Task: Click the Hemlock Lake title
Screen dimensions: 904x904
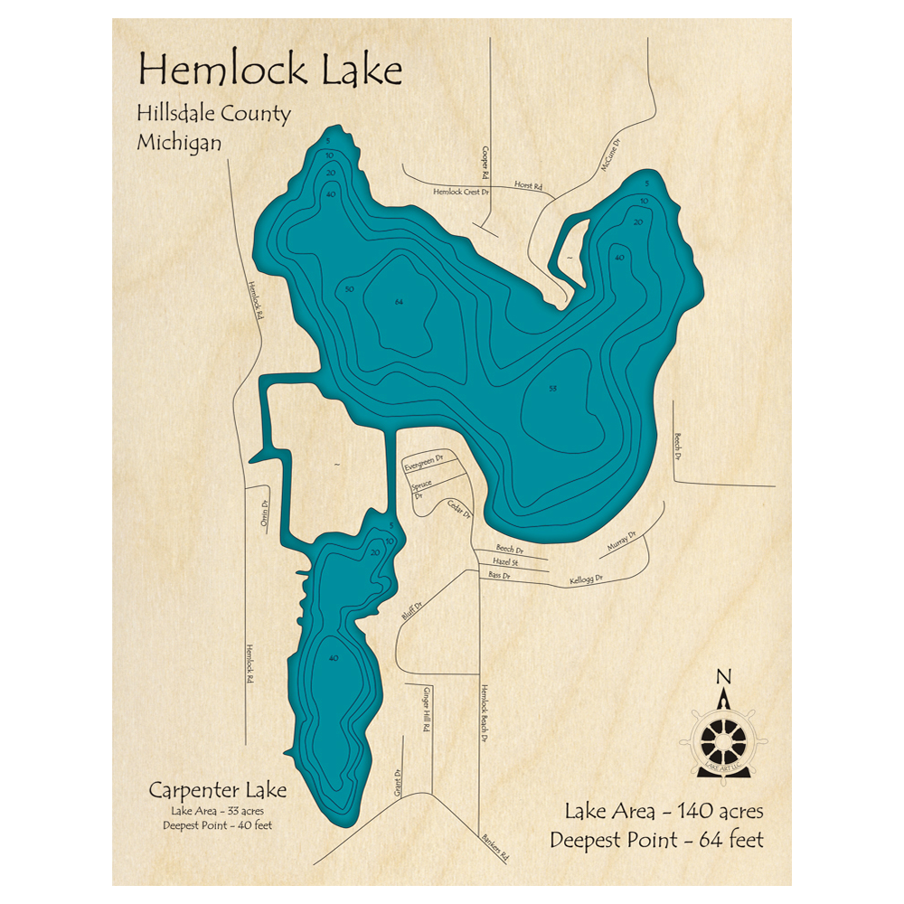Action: coord(269,69)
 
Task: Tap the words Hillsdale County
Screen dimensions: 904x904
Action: coord(213,114)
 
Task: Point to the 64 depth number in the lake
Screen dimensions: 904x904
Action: coord(399,301)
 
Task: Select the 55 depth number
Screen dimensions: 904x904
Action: coord(552,389)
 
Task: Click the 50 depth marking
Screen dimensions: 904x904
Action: coord(349,289)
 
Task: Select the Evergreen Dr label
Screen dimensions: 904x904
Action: coord(424,461)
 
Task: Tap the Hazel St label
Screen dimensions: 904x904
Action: coord(512,562)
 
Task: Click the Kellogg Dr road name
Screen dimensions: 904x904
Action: coord(586,579)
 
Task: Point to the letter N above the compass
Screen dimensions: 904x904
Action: coord(722,677)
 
